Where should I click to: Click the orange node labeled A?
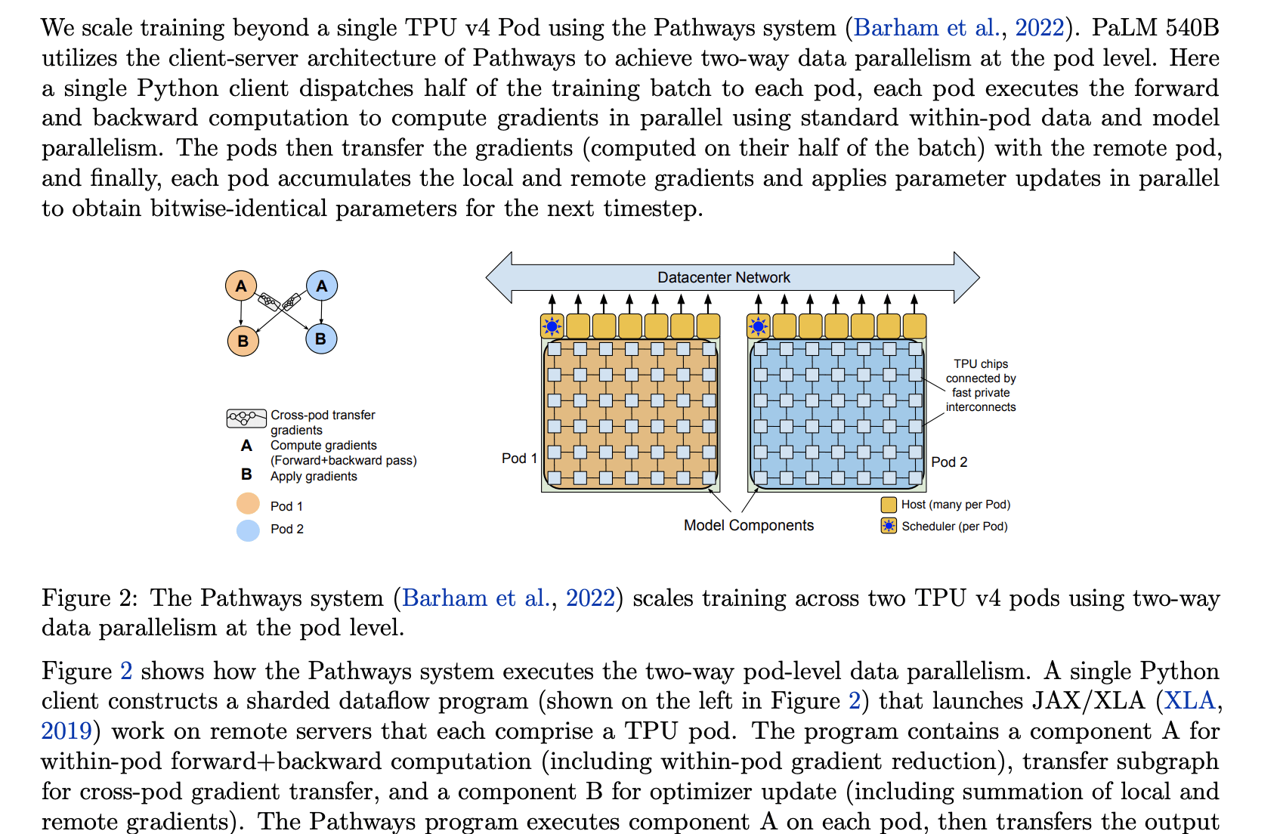pos(241,286)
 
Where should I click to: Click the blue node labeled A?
pos(322,286)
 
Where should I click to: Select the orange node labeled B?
pos(243,341)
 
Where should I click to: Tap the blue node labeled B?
pos(321,339)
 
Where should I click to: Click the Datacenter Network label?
pos(723,278)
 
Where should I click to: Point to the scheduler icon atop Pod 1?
pos(552,326)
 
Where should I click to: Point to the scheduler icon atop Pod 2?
pos(759,326)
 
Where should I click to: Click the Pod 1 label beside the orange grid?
pos(519,459)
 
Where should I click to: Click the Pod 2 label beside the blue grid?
pos(949,462)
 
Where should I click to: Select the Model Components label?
pos(748,526)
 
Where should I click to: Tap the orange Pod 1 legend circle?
pos(248,504)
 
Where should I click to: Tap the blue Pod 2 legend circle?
pos(248,530)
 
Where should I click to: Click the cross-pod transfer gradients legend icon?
pos(246,418)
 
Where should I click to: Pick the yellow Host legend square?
pos(889,505)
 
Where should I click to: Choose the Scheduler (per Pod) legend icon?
pos(889,527)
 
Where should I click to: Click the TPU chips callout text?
pos(981,385)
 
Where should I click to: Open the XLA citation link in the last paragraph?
pos(1189,701)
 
